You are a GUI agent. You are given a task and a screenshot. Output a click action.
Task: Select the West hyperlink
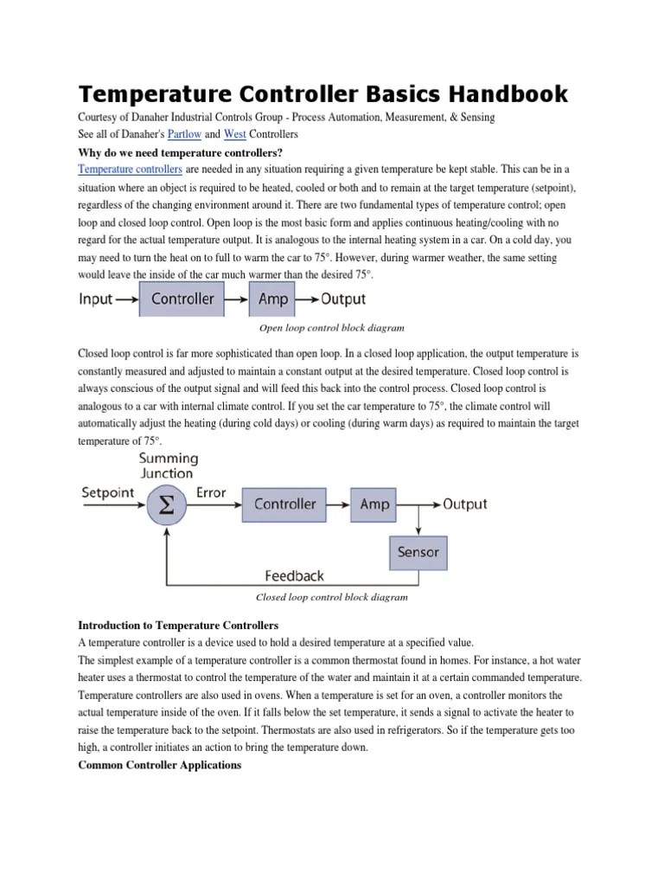pyautogui.click(x=234, y=135)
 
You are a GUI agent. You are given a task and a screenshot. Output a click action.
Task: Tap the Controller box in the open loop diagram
pyautogui.click(x=182, y=299)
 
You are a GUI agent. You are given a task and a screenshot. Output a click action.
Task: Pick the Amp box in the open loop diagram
pyautogui.click(x=272, y=299)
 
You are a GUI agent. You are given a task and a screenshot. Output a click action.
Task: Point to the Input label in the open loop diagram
pyautogui.click(x=95, y=299)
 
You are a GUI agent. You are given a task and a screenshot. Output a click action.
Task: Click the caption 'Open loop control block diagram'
pyautogui.click(x=331, y=329)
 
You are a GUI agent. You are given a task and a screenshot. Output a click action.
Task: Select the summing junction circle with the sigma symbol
pyautogui.click(x=167, y=504)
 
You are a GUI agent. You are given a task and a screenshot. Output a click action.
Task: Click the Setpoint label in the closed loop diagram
pyautogui.click(x=107, y=493)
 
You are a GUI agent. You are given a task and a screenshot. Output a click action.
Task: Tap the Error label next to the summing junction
pyautogui.click(x=210, y=493)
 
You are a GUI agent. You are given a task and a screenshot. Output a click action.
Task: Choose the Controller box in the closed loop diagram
pyautogui.click(x=284, y=504)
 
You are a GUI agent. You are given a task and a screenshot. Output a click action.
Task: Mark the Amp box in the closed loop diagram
pyautogui.click(x=374, y=504)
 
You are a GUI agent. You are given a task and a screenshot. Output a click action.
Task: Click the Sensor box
pyautogui.click(x=418, y=551)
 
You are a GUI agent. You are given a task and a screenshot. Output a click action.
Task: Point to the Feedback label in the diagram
pyautogui.click(x=294, y=575)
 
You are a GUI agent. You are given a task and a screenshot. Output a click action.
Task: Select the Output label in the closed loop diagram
pyautogui.click(x=465, y=504)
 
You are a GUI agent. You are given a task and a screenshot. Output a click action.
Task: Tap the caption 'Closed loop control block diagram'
pyautogui.click(x=331, y=597)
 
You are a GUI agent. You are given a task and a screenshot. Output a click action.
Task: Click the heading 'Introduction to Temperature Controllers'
pyautogui.click(x=178, y=625)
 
